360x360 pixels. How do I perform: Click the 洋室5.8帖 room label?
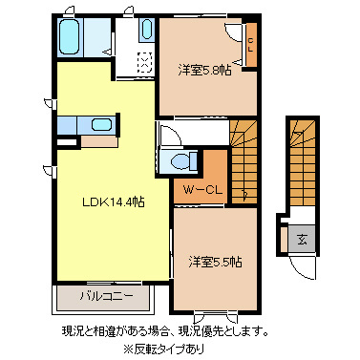pos(203,71)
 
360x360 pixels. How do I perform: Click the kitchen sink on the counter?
pos(100,124)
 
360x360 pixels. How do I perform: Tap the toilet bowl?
pos(179,159)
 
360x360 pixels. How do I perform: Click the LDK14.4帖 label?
pos(113,201)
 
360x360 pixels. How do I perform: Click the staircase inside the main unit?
pos(244,153)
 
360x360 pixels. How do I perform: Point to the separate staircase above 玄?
pos(302,162)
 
